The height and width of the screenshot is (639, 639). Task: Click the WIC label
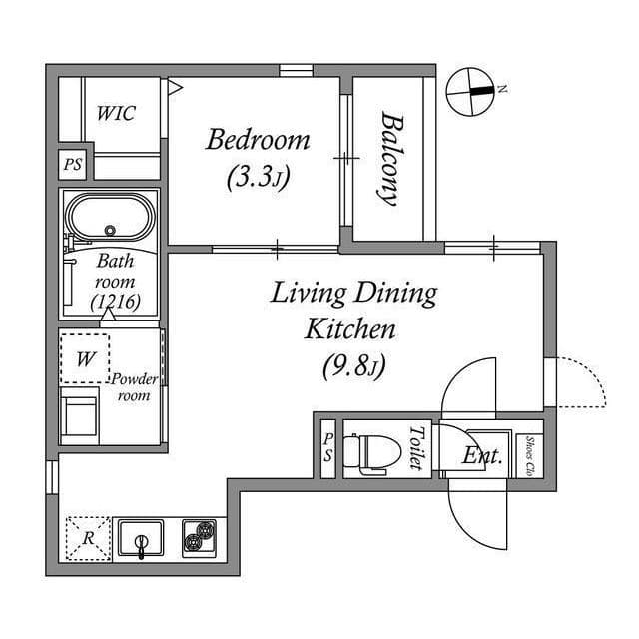point(116,113)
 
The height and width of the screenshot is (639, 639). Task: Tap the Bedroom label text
point(258,139)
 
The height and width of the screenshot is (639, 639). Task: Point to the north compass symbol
point(472,91)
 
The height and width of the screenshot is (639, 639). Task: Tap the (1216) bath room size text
point(115,300)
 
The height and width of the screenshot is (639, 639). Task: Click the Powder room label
point(134,387)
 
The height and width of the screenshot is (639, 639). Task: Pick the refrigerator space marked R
point(89,538)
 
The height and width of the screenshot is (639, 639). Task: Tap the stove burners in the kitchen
point(200,538)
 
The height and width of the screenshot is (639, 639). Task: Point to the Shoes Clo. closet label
point(529,454)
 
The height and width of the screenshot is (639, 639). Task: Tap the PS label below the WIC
point(73,165)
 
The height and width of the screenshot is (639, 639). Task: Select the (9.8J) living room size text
point(353,366)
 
